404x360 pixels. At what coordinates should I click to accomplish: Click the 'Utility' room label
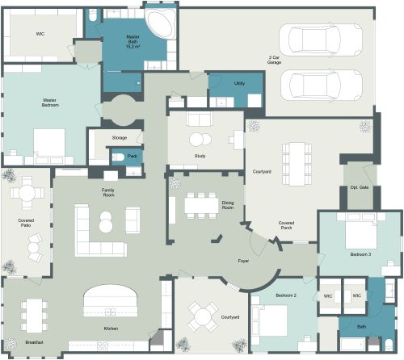point(240,83)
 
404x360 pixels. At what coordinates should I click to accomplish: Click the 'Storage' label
point(120,137)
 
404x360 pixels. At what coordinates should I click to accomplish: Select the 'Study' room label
point(200,155)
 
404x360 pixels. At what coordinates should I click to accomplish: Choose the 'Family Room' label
point(107,191)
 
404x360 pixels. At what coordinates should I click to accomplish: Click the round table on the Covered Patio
point(28,194)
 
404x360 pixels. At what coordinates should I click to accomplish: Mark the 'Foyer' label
point(242,262)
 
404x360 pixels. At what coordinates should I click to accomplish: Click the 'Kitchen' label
point(111,329)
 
